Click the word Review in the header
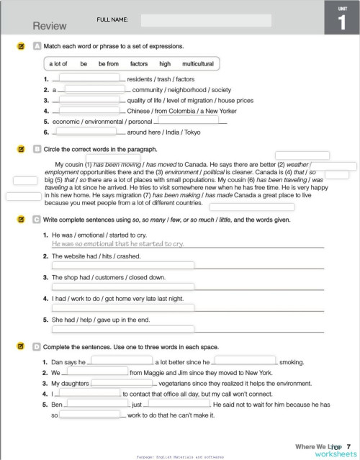click(50, 26)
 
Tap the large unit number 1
click(341, 22)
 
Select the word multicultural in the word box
click(198, 64)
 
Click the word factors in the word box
click(139, 64)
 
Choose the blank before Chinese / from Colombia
click(89, 112)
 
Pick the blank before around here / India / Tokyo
click(86, 132)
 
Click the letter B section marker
click(37, 149)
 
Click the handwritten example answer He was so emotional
click(118, 244)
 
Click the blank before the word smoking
click(245, 361)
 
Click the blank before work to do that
click(89, 415)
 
